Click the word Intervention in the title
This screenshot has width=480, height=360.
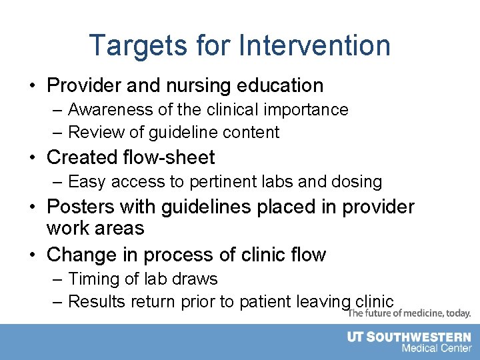314,45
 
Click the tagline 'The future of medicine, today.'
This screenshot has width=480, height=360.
410,313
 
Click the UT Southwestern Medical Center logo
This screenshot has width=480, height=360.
409,342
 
